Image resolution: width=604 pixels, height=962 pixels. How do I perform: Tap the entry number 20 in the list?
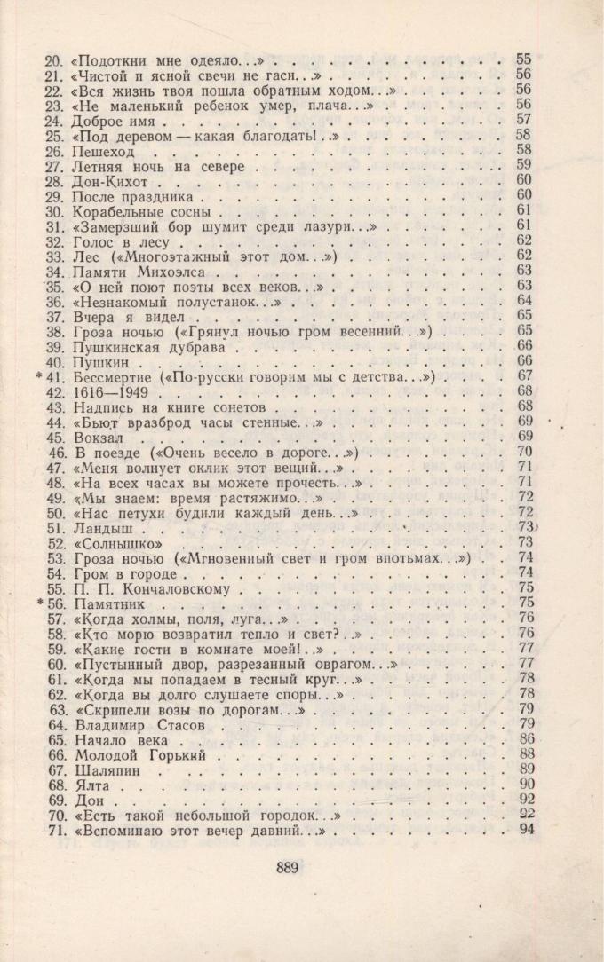pos(52,59)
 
